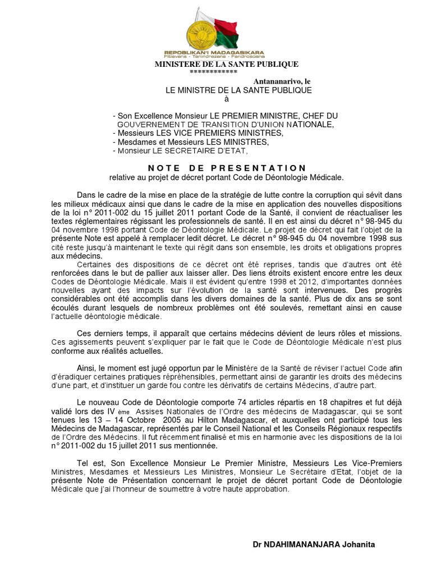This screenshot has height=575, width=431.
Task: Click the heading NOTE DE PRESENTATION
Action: coord(227,168)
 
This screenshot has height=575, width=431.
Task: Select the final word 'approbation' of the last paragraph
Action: coord(265,489)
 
